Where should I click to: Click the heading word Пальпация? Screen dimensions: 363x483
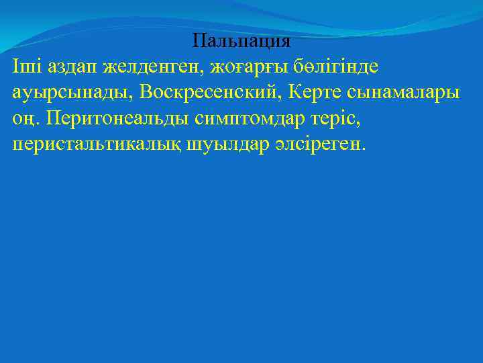point(241,41)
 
